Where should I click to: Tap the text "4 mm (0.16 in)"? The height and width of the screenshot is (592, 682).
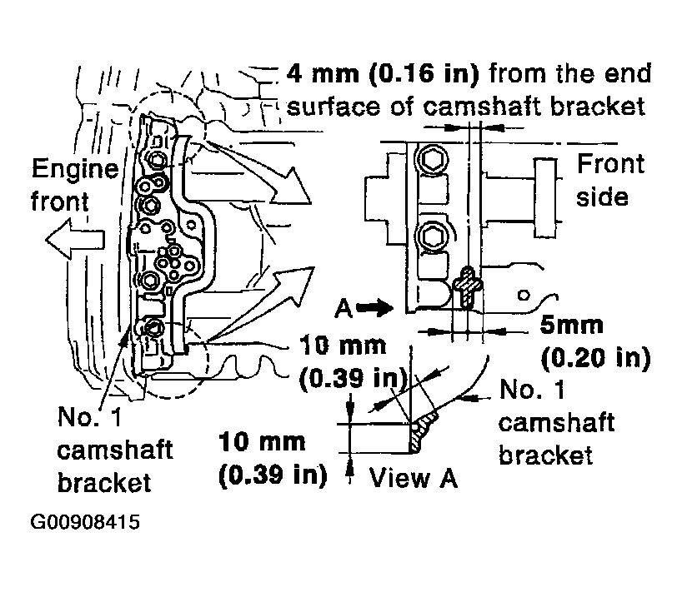pyautogui.click(x=383, y=73)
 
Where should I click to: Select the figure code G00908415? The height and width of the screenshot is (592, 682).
pyautogui.click(x=85, y=521)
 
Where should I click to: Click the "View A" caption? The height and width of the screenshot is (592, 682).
pyautogui.click(x=414, y=478)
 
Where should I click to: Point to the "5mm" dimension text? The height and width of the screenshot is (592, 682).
pyautogui.click(x=571, y=325)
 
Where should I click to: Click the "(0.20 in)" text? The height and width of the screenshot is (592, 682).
pyautogui.click(x=595, y=358)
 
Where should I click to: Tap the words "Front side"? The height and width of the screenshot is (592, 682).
pyautogui.click(x=609, y=180)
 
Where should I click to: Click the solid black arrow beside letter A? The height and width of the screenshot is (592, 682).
pyautogui.click(x=374, y=308)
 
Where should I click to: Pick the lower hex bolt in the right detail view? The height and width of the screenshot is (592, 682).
pyautogui.click(x=432, y=236)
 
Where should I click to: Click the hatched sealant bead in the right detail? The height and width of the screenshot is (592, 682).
pyautogui.click(x=468, y=286)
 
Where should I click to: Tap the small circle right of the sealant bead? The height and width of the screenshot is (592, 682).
pyautogui.click(x=524, y=296)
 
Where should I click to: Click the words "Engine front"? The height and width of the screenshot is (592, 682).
pyautogui.click(x=74, y=185)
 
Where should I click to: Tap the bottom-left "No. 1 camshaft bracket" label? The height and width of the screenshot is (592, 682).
pyautogui.click(x=114, y=450)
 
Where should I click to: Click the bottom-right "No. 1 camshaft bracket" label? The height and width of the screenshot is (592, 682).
pyautogui.click(x=556, y=422)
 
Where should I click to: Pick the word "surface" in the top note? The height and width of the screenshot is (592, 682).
pyautogui.click(x=333, y=107)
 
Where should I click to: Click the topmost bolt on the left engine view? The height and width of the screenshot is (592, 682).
pyautogui.click(x=157, y=160)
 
